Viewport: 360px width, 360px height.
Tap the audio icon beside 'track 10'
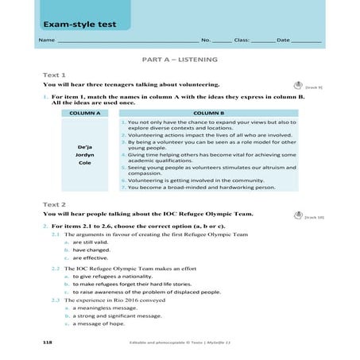point(297,214)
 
